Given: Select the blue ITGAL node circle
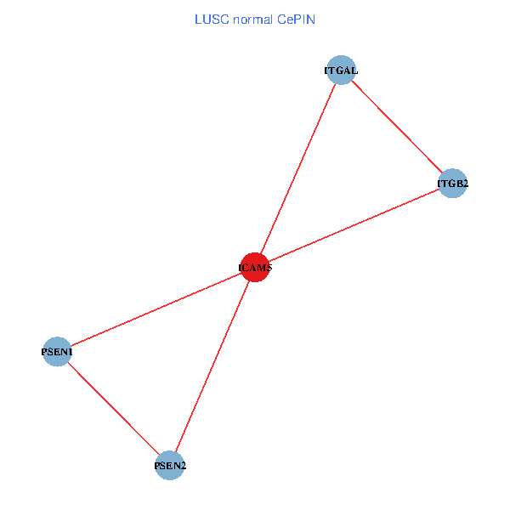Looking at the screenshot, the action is pyautogui.click(x=341, y=71).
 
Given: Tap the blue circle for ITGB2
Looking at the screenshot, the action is pyautogui.click(x=453, y=183).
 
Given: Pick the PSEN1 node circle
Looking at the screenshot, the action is pyautogui.click(x=57, y=352).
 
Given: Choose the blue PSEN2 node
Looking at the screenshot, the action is pyautogui.click(x=170, y=465).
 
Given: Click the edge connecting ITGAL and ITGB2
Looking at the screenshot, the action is pyautogui.click(x=397, y=127).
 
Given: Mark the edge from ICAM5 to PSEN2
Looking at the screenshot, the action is pyautogui.click(x=212, y=365).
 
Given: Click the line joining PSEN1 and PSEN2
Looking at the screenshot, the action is pyautogui.click(x=113, y=408).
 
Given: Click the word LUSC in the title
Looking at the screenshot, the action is pyautogui.click(x=209, y=18).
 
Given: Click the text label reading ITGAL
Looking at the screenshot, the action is pyautogui.click(x=341, y=71).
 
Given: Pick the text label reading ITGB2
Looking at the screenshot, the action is pyautogui.click(x=453, y=183).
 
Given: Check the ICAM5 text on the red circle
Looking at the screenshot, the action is pyautogui.click(x=255, y=268).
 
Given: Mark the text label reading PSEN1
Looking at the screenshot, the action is pyautogui.click(x=57, y=352).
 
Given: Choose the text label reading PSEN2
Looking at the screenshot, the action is pyautogui.click(x=170, y=466).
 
